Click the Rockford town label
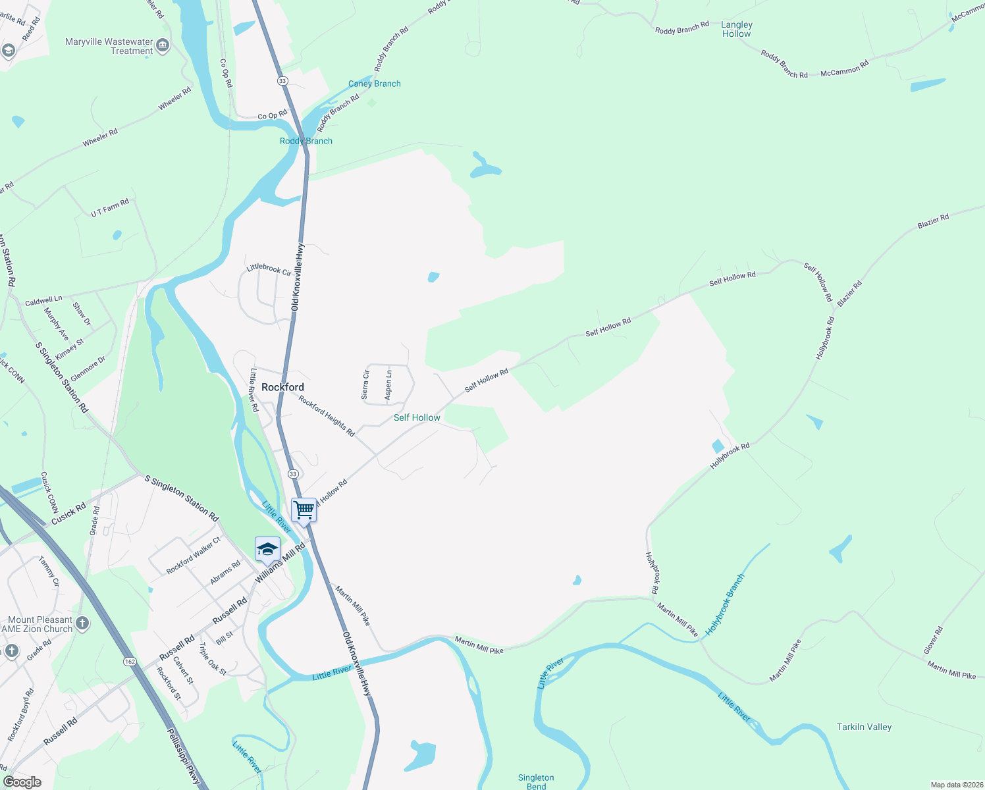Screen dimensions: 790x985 [x=282, y=387]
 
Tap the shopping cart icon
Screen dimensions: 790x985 [x=304, y=510]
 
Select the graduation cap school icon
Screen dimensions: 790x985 [x=267, y=549]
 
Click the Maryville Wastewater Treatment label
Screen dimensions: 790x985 [x=109, y=46]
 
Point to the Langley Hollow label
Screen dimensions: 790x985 [x=736, y=29]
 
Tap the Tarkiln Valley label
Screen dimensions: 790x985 [x=864, y=727]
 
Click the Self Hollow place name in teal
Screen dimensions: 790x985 [x=417, y=417]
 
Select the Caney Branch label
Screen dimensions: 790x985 [x=374, y=84]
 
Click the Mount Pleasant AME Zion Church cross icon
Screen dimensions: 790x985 [x=82, y=623]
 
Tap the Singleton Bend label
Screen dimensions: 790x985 [x=536, y=781]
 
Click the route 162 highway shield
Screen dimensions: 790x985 [x=130, y=661]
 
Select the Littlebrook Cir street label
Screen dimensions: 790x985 [x=269, y=269]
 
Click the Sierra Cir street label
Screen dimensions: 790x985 [x=365, y=384]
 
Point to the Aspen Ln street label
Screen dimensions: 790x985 [x=388, y=384]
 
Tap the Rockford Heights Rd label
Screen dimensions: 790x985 [x=327, y=415]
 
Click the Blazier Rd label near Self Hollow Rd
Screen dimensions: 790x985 [x=849, y=293]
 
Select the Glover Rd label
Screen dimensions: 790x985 [x=933, y=640]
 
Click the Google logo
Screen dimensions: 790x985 [x=22, y=782]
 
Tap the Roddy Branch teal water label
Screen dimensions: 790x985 [x=306, y=141]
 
